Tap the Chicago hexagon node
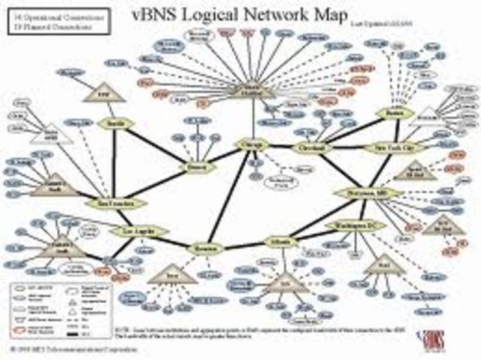click(253, 144)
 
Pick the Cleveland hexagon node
click(308, 147)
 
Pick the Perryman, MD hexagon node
click(366, 193)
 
